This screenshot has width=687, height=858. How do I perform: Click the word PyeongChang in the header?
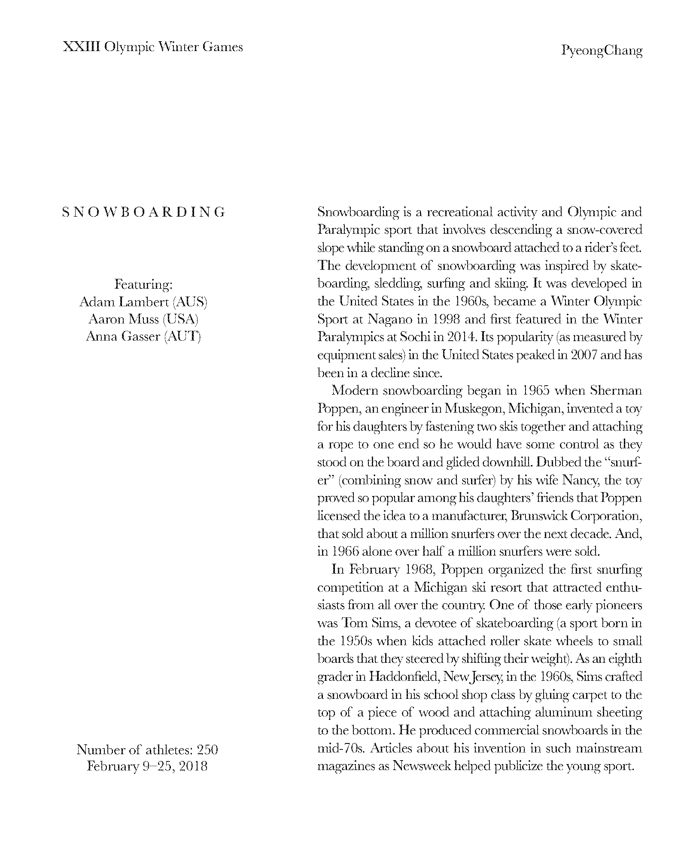click(602, 51)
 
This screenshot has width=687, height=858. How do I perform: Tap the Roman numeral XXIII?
click(81, 47)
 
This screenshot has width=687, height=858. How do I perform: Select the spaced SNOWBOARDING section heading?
click(144, 212)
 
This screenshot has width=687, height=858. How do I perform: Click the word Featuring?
click(143, 284)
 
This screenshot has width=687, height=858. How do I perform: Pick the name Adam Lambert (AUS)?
click(143, 302)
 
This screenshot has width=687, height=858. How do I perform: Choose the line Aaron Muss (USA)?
click(143, 319)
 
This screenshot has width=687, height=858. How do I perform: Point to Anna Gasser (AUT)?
click(143, 336)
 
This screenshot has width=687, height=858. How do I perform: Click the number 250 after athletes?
click(207, 749)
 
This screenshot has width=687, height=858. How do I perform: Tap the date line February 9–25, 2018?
click(147, 767)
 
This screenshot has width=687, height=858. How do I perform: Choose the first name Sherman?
click(616, 391)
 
